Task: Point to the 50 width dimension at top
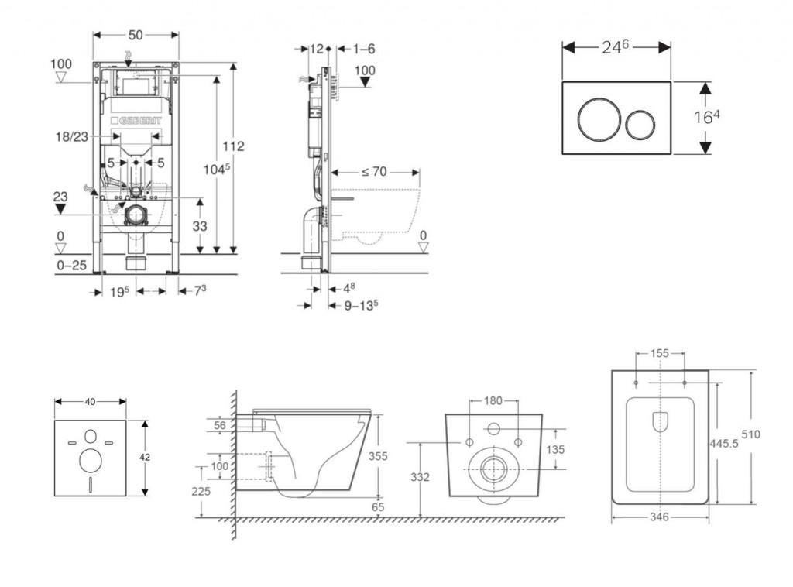pos(136,35)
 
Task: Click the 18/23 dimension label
pos(70,136)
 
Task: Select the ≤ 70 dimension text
pos(373,171)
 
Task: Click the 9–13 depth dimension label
pos(361,304)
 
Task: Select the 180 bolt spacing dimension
pos(493,401)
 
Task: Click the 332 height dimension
pos(420,477)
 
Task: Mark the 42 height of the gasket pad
pos(145,458)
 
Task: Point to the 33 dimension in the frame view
pos(200,226)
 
